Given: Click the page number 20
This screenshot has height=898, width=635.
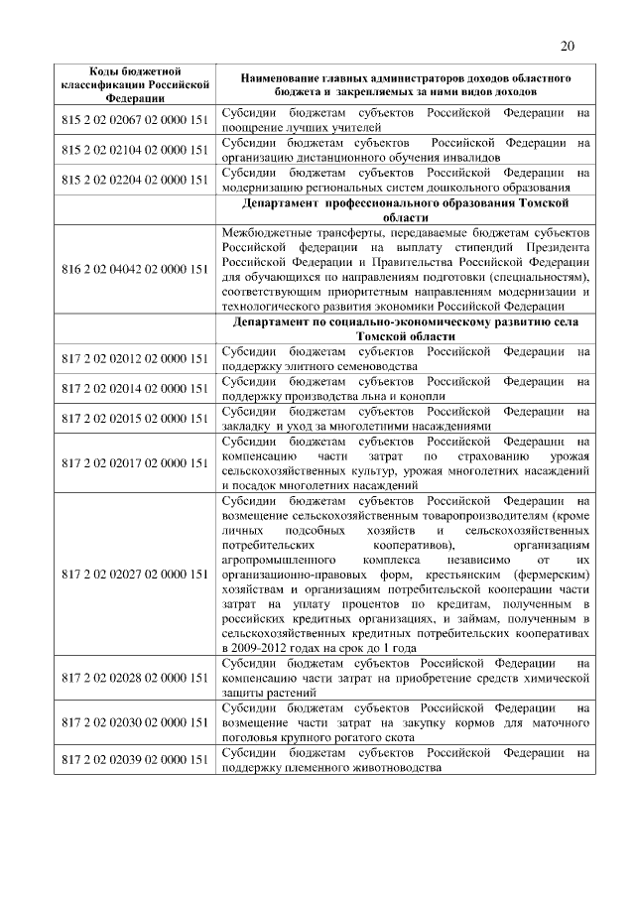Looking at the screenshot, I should (568, 46).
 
